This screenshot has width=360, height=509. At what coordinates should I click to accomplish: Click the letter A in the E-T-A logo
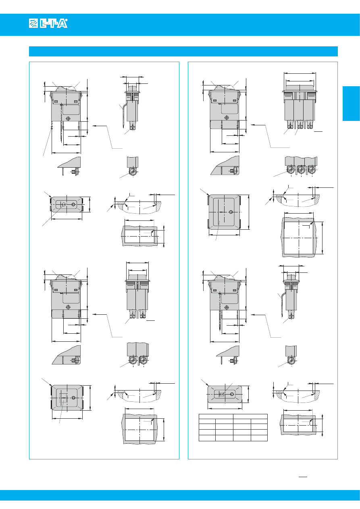(62, 23)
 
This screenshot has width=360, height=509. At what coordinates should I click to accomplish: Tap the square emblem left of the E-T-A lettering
(33, 23)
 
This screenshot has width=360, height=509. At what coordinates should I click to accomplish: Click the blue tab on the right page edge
(351, 104)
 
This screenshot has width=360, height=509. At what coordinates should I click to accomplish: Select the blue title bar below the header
(183, 51)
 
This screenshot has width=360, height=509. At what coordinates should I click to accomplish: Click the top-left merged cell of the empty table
(216, 416)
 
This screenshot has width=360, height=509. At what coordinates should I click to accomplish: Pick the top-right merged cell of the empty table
(250, 416)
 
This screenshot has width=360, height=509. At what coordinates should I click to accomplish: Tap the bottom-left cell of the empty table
(207, 438)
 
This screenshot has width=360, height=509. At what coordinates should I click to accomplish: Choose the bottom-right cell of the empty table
(259, 438)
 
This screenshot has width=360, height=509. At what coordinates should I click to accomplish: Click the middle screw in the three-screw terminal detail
(301, 169)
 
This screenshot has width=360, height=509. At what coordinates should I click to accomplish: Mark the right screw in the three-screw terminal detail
(312, 169)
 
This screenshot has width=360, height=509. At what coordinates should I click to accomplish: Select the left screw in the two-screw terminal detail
(133, 359)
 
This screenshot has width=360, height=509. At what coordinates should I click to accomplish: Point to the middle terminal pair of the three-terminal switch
(300, 125)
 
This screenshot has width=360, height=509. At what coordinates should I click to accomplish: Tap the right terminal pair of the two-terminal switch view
(143, 314)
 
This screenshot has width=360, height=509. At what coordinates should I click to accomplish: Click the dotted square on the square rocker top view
(63, 398)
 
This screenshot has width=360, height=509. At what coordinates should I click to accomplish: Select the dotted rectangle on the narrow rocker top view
(222, 395)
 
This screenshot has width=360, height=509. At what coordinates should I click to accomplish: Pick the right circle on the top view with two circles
(73, 204)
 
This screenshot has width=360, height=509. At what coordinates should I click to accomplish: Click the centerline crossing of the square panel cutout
(299, 238)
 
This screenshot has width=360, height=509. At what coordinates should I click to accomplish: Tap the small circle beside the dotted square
(73, 398)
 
